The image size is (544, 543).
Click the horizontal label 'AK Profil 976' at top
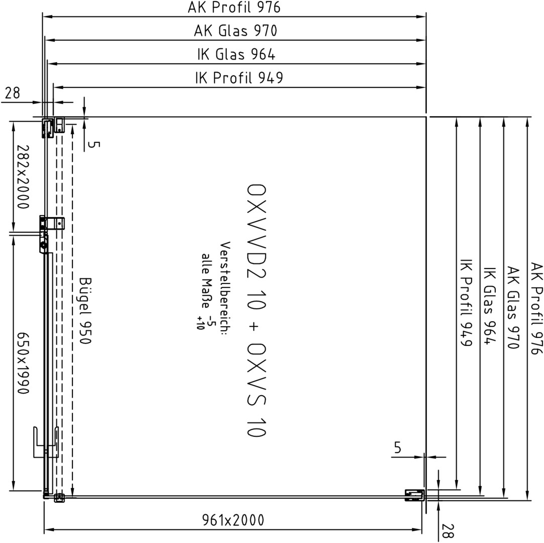[234, 7]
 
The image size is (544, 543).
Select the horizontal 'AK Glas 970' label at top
[236, 31]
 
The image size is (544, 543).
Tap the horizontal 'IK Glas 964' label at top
[236, 54]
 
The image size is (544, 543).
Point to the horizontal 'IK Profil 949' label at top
[239, 78]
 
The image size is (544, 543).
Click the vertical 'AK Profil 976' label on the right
[536, 308]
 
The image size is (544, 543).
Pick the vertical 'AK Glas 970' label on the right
[513, 307]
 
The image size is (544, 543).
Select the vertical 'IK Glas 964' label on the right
[489, 306]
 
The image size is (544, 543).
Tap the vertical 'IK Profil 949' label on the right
[466, 303]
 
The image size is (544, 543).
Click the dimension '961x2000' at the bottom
[233, 520]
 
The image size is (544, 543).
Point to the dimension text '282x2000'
[23, 177]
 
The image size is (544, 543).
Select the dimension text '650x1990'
[23, 364]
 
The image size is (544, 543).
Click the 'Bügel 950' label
[85, 311]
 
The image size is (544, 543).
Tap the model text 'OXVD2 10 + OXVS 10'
[256, 310]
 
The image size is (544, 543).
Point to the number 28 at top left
[13, 93]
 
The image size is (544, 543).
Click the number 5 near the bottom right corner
[398, 447]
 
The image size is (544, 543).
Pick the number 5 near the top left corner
[92, 144]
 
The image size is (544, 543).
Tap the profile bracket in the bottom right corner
[415, 495]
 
